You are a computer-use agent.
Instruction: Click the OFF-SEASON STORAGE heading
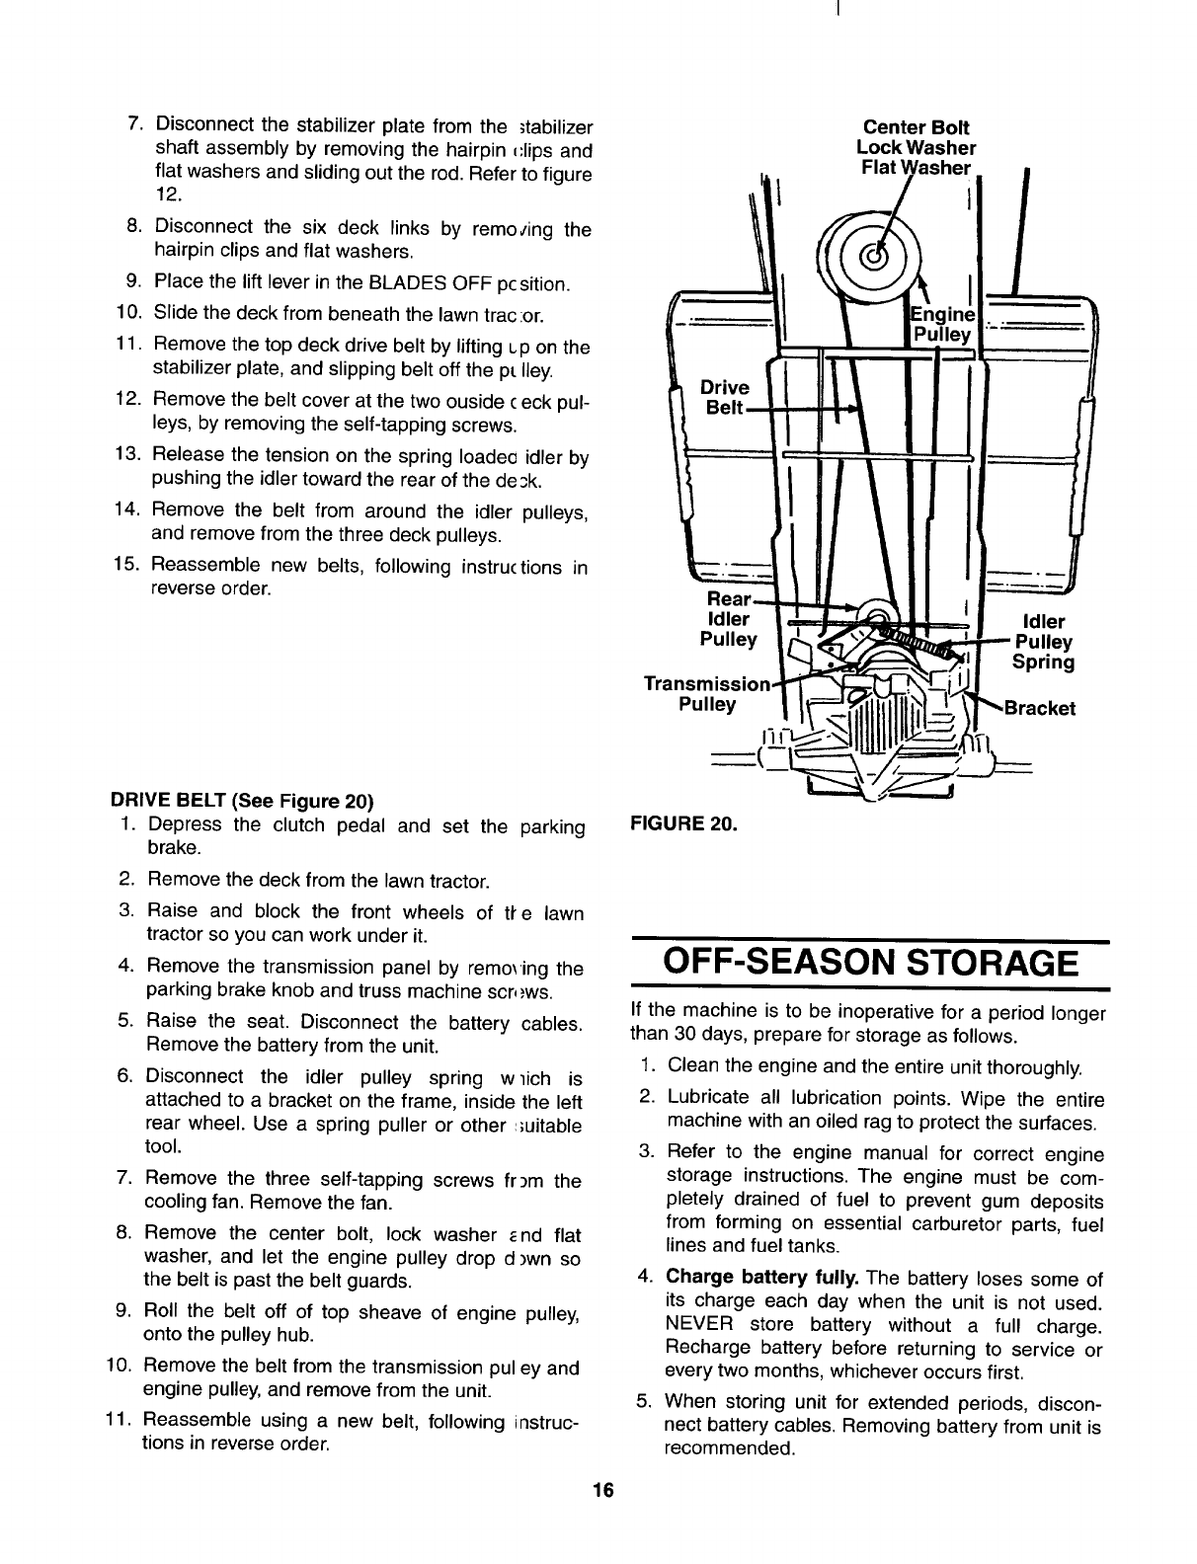(x=868, y=962)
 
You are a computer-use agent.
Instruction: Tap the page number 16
(x=603, y=1491)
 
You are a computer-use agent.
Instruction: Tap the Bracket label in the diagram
(x=1039, y=708)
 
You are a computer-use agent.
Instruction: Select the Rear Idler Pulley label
(x=728, y=619)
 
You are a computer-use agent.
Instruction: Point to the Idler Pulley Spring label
(x=1044, y=642)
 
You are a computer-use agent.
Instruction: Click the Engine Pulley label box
(x=942, y=324)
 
